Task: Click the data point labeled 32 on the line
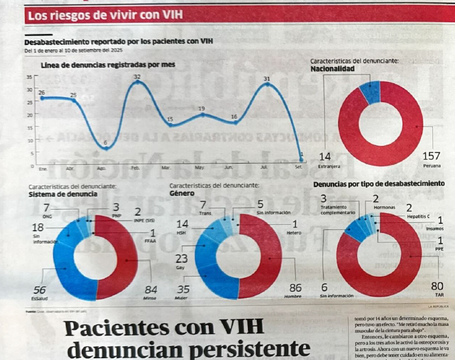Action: (x=137, y=83)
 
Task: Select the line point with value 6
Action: (x=105, y=148)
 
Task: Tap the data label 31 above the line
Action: (x=267, y=78)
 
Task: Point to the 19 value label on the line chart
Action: (x=201, y=109)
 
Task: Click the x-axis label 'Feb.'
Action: (x=135, y=168)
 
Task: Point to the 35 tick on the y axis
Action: (x=28, y=77)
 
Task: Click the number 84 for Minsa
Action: (x=150, y=289)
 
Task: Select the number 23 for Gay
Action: (x=181, y=258)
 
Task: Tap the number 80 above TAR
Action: (x=437, y=286)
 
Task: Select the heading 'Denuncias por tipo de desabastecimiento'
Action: (x=379, y=183)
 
